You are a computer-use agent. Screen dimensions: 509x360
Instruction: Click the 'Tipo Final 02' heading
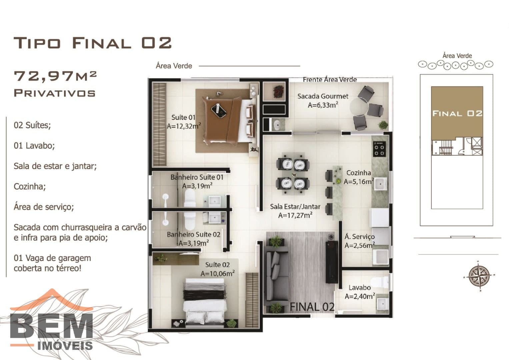coord(93,43)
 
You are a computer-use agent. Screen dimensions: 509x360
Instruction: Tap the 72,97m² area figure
coord(55,76)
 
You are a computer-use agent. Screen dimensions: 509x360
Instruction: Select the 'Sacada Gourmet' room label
coord(323,96)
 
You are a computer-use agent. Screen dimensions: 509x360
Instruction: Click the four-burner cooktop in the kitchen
coord(379,149)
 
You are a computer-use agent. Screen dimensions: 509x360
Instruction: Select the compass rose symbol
coord(479,276)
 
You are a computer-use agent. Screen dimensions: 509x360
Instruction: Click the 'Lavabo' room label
coord(360,287)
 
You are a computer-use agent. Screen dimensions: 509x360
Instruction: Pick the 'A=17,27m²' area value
coord(295,215)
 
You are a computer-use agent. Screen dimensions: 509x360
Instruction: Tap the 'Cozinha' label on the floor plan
coord(359,173)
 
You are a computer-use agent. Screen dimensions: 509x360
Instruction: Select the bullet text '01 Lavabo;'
coord(34,145)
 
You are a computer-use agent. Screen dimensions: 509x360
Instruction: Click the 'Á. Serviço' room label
coord(359,237)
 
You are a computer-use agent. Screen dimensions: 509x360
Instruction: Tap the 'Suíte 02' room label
coord(217,265)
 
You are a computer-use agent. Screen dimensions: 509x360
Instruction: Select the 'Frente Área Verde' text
coord(330,80)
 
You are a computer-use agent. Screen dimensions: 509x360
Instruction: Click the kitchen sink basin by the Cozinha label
coord(381,184)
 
